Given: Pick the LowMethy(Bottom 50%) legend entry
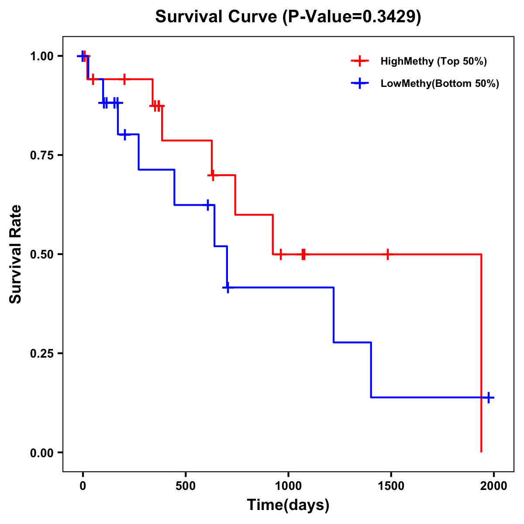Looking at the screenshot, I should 439,83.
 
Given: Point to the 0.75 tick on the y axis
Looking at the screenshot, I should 41,155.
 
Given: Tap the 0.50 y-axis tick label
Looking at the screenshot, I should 41,254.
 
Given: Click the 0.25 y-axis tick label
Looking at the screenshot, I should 41,353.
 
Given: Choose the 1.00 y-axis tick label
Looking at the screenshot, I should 41,56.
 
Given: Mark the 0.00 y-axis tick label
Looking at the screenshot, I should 41,452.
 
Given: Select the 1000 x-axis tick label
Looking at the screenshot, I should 288,486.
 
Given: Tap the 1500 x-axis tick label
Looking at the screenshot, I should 391,486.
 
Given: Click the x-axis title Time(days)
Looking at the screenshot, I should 288,505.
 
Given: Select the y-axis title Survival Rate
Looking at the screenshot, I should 16,254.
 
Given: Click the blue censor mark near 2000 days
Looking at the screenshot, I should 489,397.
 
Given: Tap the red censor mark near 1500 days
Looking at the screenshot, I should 387,254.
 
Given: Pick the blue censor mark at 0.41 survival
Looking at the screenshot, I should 228,287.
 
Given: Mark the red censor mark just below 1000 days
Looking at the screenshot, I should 280,254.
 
